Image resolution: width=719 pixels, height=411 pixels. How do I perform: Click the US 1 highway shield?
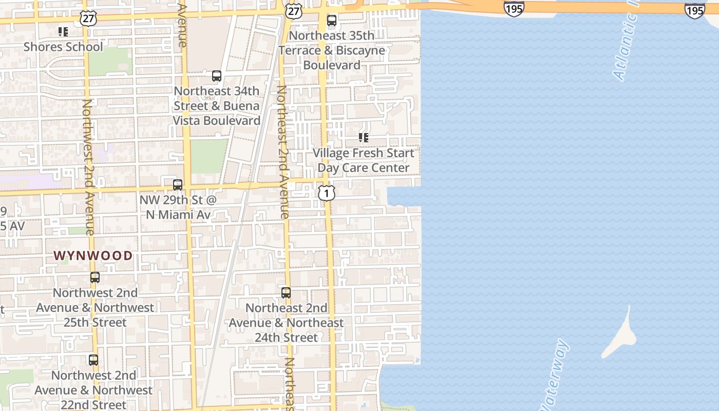coord(327,193)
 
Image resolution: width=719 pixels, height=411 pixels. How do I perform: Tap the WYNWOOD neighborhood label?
coord(93,255)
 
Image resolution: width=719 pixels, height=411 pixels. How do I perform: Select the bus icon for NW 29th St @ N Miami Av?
coord(178,185)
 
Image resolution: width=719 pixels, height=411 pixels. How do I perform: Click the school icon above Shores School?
coord(63,32)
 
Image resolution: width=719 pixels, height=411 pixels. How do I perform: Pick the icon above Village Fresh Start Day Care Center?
coord(364,138)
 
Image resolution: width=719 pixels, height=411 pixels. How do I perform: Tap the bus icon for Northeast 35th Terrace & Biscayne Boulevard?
coord(332,21)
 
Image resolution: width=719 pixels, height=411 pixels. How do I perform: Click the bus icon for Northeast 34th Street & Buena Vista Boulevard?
coord(217,76)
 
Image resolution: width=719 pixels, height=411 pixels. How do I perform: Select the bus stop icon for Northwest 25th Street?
coord(95,277)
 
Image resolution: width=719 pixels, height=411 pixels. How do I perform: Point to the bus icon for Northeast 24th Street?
coord(286,293)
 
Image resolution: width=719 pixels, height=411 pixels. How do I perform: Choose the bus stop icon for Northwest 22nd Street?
coord(93,360)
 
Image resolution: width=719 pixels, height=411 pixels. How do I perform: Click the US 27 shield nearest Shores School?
coord(87,17)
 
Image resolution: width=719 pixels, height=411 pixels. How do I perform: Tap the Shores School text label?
coord(63,47)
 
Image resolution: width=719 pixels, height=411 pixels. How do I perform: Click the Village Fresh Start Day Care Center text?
coord(364,160)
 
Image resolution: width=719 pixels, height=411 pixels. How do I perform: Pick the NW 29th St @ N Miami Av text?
coord(178,207)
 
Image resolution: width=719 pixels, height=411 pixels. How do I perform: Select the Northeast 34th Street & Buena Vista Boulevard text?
coord(217,106)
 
